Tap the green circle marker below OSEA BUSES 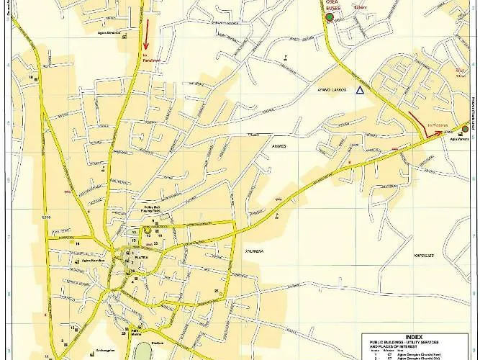(x=329, y=17)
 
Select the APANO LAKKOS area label (x=332, y=90)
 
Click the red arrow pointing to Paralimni (x=147, y=31)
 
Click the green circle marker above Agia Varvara (x=465, y=129)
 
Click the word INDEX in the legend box (x=414, y=336)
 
